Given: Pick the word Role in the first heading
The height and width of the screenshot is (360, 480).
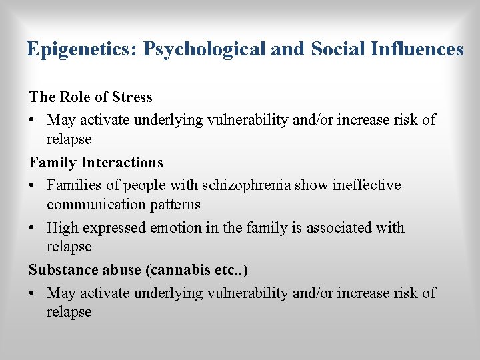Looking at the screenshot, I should point(76,97).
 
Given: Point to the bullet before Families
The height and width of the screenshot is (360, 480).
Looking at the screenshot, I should point(33,185).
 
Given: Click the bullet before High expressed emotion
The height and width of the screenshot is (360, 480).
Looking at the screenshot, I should point(33,228).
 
